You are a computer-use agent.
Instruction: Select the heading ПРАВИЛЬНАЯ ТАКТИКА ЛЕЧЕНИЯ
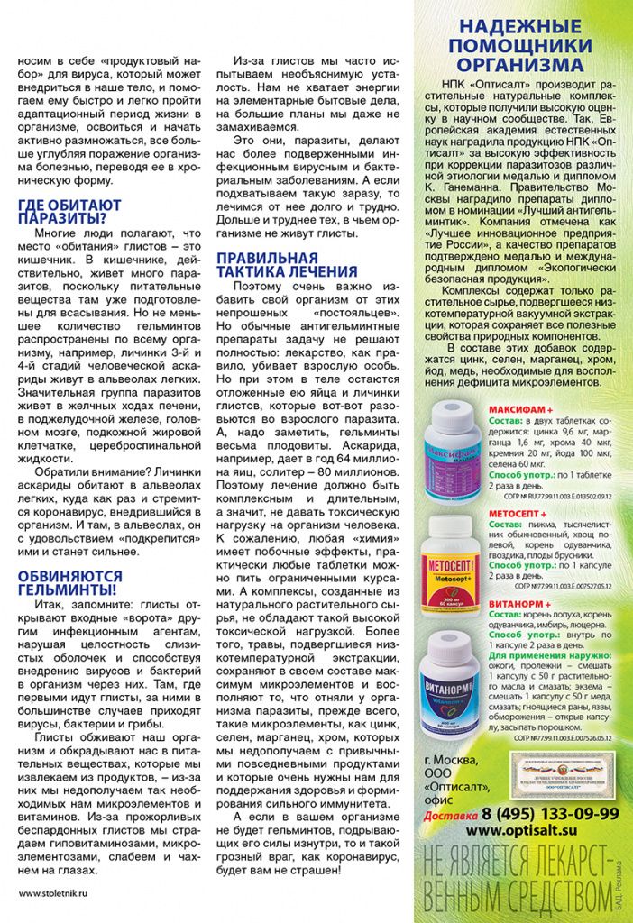[286, 263]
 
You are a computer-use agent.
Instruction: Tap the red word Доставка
[450, 816]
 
